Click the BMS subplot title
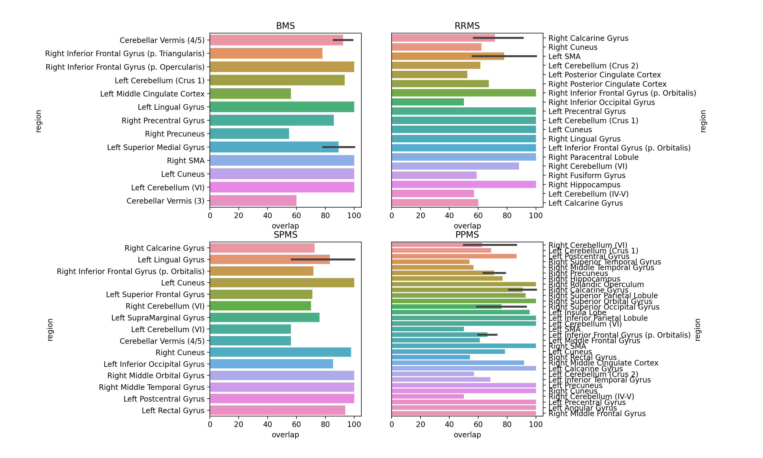click(x=285, y=26)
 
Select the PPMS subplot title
click(x=467, y=235)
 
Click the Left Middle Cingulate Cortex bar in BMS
click(x=250, y=94)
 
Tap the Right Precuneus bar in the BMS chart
click(x=249, y=134)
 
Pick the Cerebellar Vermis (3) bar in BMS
click(x=253, y=201)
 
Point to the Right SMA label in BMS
click(x=186, y=161)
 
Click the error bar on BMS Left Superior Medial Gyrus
click(x=339, y=147)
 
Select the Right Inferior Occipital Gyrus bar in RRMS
click(x=427, y=102)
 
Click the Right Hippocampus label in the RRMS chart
click(x=584, y=185)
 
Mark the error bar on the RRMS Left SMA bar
click(x=504, y=56)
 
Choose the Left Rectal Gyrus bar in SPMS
click(x=277, y=411)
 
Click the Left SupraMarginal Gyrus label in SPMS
click(x=158, y=318)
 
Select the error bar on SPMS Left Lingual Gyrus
click(x=323, y=259)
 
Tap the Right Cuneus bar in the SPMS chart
click(x=280, y=353)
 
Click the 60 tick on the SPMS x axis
click(x=296, y=424)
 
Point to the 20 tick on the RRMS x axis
click(x=420, y=216)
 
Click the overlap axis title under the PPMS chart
click(x=467, y=435)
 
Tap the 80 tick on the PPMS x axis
click(x=507, y=424)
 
